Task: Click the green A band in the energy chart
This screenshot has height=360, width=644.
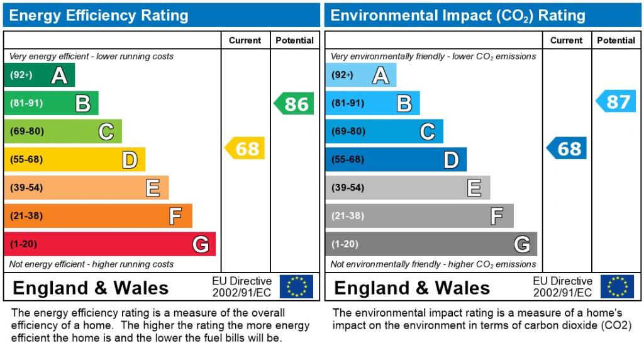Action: [39, 75]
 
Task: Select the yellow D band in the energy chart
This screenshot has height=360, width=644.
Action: [74, 159]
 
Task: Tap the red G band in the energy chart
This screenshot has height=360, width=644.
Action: [109, 244]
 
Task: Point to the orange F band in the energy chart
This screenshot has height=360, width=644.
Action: [97, 216]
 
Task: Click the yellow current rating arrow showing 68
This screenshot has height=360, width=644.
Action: [245, 149]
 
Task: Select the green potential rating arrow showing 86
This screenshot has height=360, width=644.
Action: [294, 103]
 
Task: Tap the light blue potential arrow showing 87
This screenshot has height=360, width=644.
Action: [616, 101]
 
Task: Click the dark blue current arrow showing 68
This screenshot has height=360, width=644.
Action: [567, 149]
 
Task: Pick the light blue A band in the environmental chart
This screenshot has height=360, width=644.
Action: [361, 75]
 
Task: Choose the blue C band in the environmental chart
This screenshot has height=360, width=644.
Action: [384, 132]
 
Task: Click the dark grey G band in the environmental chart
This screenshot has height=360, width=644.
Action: [431, 244]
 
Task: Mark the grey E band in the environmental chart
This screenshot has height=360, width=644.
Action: [408, 188]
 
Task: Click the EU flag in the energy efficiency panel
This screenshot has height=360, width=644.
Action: [296, 287]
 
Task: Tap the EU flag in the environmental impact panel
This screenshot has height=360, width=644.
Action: [617, 287]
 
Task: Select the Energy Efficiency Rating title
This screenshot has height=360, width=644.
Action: [99, 15]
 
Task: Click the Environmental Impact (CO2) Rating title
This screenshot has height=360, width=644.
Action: [458, 15]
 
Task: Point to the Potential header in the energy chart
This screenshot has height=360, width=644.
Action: [294, 40]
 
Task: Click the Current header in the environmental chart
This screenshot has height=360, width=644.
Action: [566, 40]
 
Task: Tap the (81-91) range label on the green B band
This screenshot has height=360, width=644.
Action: [26, 103]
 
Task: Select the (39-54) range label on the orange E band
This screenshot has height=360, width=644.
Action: [26, 188]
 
